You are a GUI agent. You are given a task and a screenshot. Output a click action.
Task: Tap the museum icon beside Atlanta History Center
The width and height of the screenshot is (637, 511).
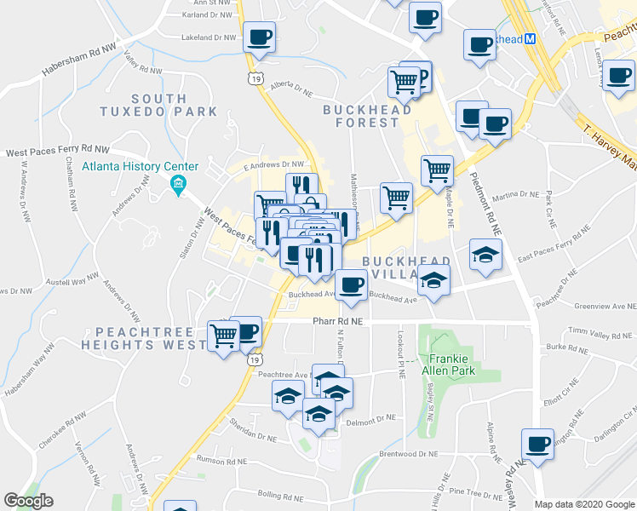click(178, 183)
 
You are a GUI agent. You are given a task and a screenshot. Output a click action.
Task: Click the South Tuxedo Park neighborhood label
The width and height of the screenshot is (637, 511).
click(158, 105)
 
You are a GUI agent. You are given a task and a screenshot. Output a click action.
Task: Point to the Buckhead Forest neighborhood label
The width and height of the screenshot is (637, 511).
click(367, 115)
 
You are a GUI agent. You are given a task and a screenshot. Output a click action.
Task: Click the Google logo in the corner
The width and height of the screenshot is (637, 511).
click(28, 501)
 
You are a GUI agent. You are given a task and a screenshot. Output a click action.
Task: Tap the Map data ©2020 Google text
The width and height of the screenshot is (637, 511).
click(584, 504)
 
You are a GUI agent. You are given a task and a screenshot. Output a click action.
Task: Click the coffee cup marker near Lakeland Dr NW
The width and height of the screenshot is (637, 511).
click(261, 37)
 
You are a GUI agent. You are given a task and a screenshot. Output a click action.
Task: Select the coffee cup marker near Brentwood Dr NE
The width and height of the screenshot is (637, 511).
click(537, 444)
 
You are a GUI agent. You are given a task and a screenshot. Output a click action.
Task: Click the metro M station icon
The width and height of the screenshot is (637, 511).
click(529, 38)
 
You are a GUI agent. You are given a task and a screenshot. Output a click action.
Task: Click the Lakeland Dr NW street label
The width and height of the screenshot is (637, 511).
click(208, 37)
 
